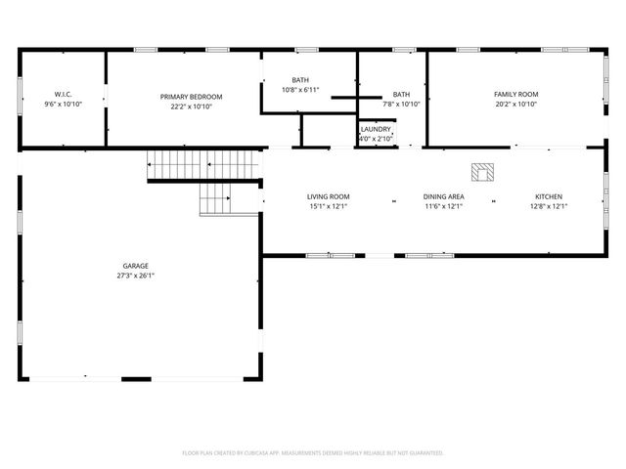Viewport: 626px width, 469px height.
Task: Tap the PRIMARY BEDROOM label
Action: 192,97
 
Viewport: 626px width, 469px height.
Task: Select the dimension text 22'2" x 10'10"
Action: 192,107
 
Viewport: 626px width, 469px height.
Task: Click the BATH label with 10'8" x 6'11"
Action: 300,80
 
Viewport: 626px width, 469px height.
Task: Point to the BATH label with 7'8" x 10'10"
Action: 401,94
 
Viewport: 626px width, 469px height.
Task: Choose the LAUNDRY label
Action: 376,129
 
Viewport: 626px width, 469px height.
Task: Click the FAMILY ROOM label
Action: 515,94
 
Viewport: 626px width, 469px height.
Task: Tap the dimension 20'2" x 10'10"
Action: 515,104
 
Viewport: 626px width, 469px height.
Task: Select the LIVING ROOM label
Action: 329,196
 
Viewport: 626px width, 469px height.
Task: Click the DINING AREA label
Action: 443,196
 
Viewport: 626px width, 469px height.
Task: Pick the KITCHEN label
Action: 548,196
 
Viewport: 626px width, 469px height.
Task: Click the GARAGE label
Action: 136,266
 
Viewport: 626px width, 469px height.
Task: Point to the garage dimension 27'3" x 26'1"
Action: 136,276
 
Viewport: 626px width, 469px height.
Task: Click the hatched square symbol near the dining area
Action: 483,172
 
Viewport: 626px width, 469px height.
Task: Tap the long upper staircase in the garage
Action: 202,166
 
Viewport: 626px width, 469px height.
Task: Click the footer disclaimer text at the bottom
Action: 313,453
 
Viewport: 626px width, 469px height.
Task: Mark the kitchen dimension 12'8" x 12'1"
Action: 548,206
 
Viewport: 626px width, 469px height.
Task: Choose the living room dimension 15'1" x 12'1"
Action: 329,206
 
